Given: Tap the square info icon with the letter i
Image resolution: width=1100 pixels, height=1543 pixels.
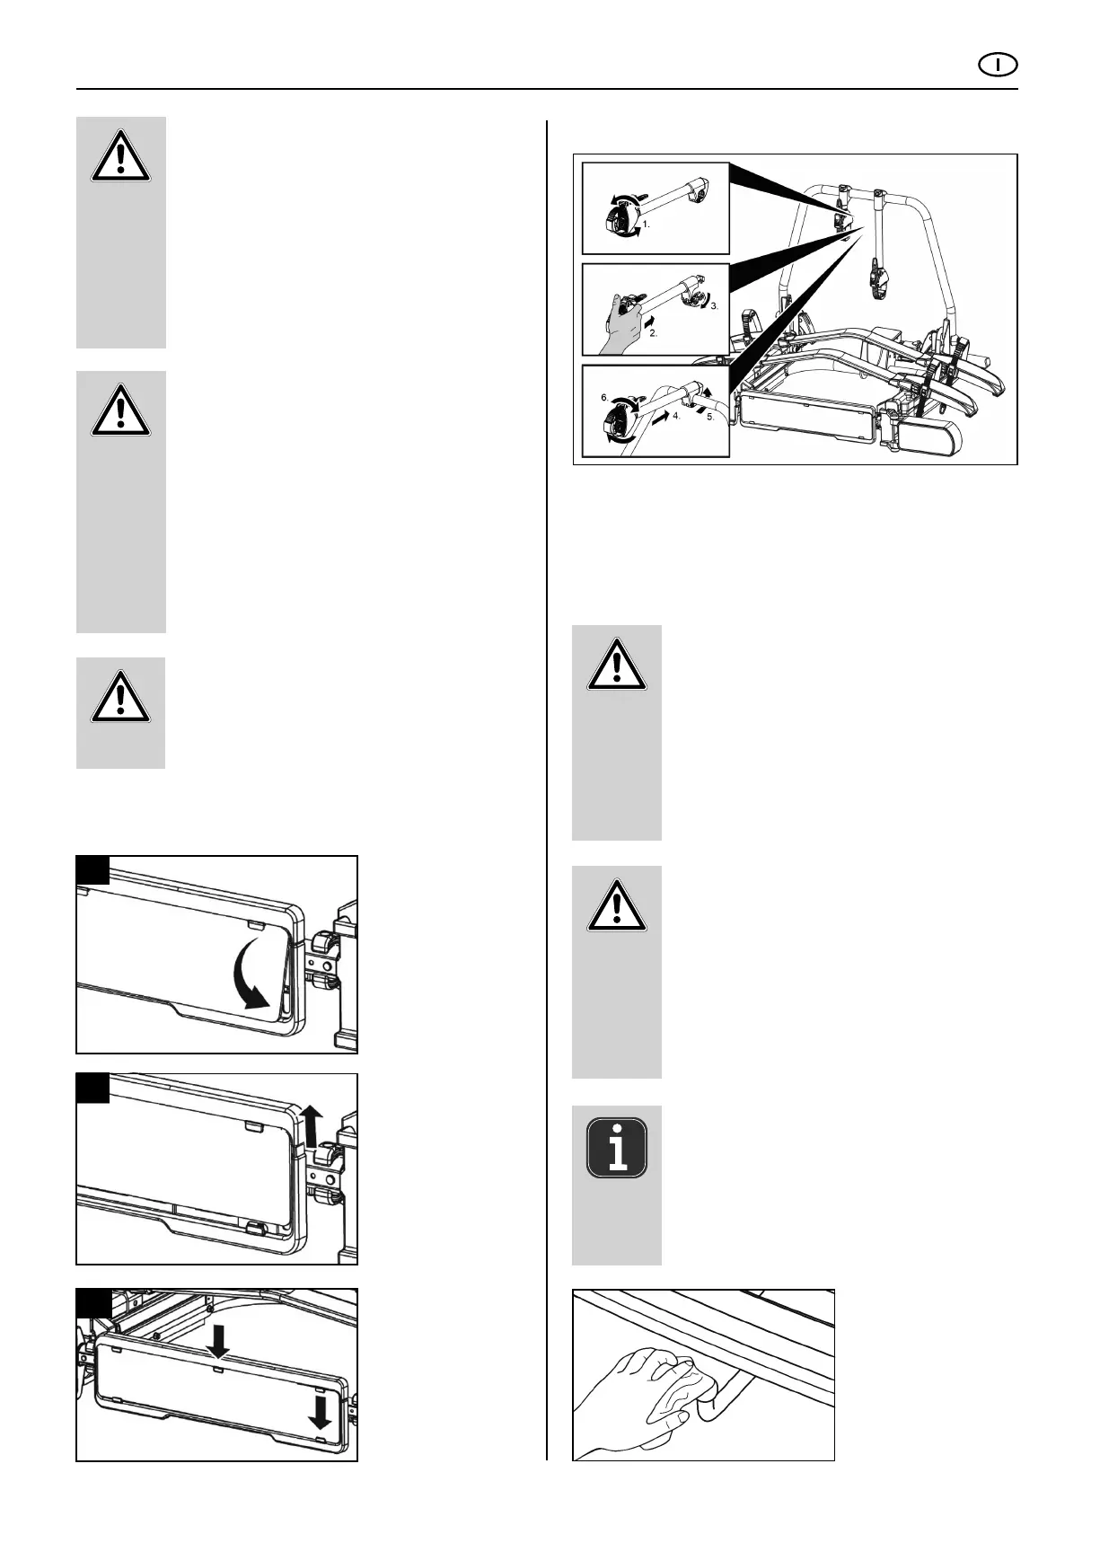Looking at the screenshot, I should (617, 1148).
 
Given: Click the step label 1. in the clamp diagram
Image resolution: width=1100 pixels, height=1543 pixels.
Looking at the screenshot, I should (646, 225).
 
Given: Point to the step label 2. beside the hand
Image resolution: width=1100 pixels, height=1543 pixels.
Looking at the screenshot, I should (653, 332).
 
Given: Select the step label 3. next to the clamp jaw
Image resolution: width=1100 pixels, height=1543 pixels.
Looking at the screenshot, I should (715, 306).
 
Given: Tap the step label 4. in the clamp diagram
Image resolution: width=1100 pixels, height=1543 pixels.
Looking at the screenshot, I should (677, 417).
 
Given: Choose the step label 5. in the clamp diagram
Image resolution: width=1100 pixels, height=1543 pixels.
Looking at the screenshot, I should (710, 417).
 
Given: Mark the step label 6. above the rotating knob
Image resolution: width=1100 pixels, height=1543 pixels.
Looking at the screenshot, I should (604, 397).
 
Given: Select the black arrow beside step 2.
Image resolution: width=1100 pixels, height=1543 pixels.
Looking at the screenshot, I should (649, 319).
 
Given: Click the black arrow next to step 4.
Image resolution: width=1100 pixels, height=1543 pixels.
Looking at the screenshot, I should (661, 419).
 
